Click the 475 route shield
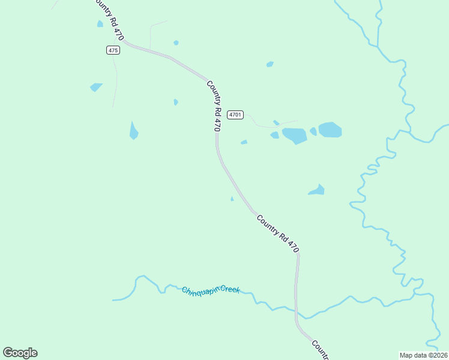coord(113,50)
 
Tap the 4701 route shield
coord(235,114)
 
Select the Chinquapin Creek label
coord(211,290)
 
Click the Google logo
coord(20,353)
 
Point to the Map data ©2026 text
coord(423,355)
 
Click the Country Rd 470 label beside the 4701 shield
coord(214,106)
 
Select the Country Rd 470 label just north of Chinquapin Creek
coord(277,233)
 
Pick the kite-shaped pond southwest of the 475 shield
coord(95,87)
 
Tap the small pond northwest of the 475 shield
coord(100,24)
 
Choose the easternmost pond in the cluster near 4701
coord(330,130)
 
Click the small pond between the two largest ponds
coord(313,131)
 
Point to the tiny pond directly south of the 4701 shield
coord(244,142)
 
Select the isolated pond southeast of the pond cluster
coord(317,190)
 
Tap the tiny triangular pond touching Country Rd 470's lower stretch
coord(232,199)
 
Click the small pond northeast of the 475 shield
coord(176,43)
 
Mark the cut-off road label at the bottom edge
coord(319,350)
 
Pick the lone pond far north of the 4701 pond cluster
coord(270,64)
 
